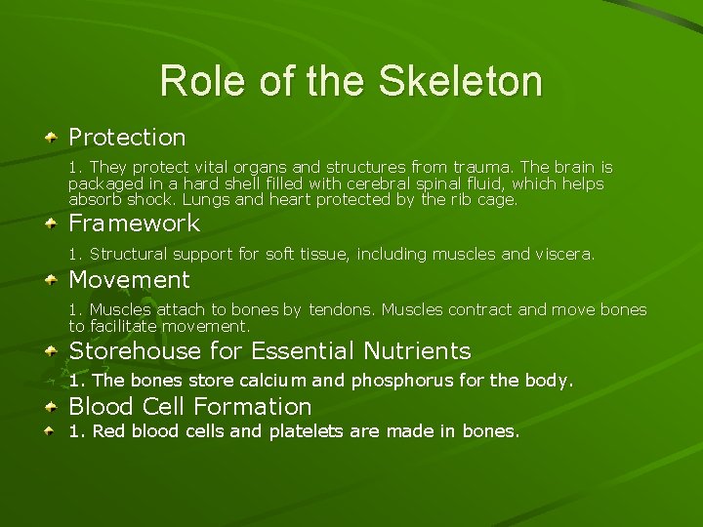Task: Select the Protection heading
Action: pyautogui.click(x=127, y=138)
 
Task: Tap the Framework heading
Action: pyautogui.click(x=134, y=223)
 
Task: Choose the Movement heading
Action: pyautogui.click(x=129, y=280)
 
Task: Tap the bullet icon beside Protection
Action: pyautogui.click(x=50, y=139)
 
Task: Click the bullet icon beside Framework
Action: pyautogui.click(x=50, y=224)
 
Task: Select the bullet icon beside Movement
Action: pyautogui.click(x=50, y=281)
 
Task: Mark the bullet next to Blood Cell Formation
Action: pyautogui.click(x=50, y=407)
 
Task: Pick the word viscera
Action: pyautogui.click(x=563, y=254)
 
